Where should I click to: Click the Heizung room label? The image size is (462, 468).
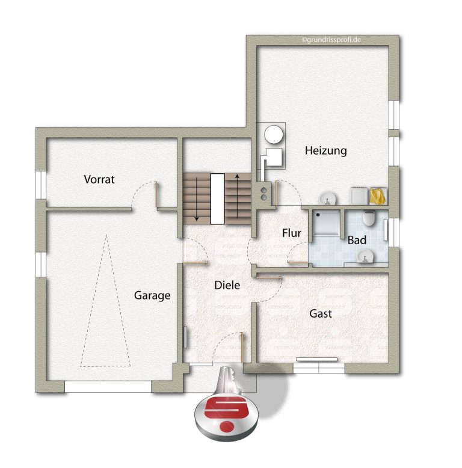coord(325,150)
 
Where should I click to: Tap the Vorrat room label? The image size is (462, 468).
coord(99,179)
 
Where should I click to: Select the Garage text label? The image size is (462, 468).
coord(152,295)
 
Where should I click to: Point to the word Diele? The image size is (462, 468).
coord(227,285)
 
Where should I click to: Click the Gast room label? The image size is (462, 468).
coord(321,313)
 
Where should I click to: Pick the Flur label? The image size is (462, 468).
coord(292,233)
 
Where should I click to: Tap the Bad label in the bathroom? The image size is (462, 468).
coord(357,240)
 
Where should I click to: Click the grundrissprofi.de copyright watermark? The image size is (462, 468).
coord(331,40)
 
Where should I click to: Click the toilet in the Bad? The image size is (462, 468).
coord(369,218)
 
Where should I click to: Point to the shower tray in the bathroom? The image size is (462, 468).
coord(327,223)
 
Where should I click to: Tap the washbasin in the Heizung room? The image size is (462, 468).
coord(327,199)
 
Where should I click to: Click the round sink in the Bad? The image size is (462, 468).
coord(366,256)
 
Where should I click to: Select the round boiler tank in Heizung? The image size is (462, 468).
coord(273,134)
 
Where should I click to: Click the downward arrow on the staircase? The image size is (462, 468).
coord(197,199)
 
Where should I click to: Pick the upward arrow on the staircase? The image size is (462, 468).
coord(237,196)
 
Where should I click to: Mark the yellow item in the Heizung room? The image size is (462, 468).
coord(378,196)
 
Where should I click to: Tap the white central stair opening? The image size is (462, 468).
coord(217,199)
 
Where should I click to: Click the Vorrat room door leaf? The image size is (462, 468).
coord(156,194)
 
